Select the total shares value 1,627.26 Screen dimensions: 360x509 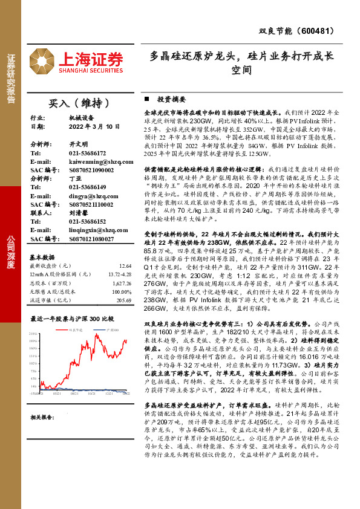[120, 283]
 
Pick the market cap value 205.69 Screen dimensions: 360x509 [123, 300]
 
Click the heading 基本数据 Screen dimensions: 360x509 [42, 256]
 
